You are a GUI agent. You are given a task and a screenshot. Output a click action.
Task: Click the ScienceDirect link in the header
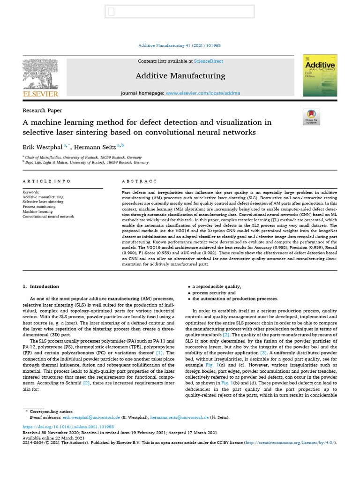pyautogui.click(x=209, y=61)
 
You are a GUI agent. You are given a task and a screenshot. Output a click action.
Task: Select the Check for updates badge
pyautogui.click(x=312, y=117)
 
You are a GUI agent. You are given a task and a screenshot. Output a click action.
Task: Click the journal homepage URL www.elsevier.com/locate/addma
pyautogui.click(x=203, y=93)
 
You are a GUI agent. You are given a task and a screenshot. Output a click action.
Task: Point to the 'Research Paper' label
pyautogui.click(x=42, y=111)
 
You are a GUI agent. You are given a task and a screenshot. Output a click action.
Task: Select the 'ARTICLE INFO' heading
pyautogui.click(x=46, y=181)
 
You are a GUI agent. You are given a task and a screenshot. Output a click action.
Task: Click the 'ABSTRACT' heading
pyautogui.click(x=139, y=181)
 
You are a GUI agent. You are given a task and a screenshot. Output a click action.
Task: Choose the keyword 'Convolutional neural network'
pyautogui.click(x=48, y=217)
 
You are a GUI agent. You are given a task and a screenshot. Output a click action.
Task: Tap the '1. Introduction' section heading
pyautogui.click(x=41, y=286)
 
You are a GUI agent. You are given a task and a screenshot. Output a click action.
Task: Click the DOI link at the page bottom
pyautogui.click(x=68, y=427)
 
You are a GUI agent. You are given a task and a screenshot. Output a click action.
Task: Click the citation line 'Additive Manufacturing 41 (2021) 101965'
pyautogui.click(x=180, y=45)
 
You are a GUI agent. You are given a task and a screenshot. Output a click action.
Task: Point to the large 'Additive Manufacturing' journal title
pyautogui.click(x=180, y=76)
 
